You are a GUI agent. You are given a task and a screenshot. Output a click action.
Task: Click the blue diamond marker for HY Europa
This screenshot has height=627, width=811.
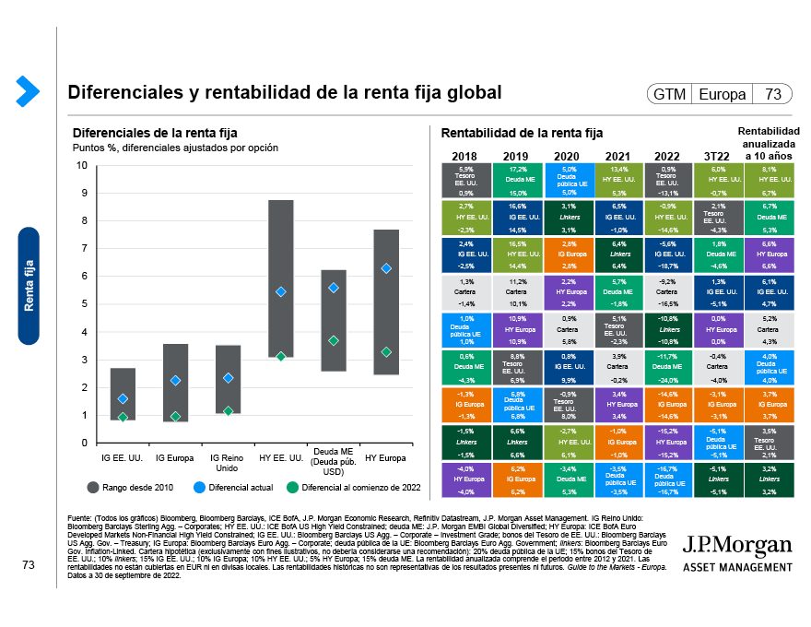click(x=387, y=268)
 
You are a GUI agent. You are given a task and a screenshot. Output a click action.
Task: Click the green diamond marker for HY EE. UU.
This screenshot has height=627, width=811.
click(x=281, y=356)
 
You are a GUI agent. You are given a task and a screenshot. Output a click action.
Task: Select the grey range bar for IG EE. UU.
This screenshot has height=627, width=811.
click(x=123, y=394)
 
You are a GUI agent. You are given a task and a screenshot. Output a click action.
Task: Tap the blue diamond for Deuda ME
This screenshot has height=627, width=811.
click(x=334, y=288)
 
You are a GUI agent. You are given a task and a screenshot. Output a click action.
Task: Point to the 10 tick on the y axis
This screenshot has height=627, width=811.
click(x=81, y=166)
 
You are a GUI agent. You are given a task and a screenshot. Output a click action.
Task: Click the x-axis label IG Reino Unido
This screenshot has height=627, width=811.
click(x=228, y=462)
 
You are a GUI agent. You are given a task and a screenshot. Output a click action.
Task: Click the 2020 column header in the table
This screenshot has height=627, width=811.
click(x=565, y=156)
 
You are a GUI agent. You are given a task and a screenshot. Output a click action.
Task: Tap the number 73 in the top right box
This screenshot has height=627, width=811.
click(x=773, y=95)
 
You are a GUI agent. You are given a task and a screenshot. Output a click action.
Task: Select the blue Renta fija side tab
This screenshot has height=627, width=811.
click(x=29, y=284)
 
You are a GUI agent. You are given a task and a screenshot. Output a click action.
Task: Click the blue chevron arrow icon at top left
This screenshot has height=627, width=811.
click(x=27, y=90)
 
